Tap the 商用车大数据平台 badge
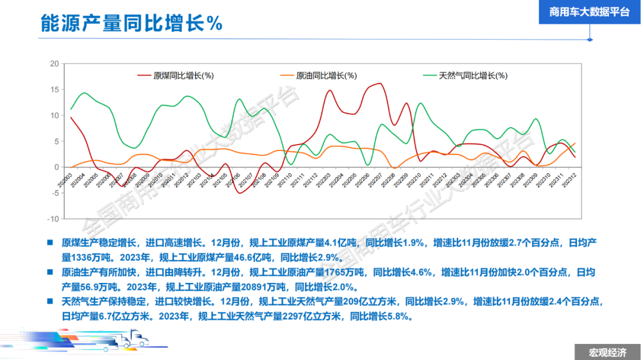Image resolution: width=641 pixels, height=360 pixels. click(589, 12)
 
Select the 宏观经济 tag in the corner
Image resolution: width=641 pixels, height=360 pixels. click(607, 352)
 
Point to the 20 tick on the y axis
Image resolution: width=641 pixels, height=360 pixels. click(54, 63)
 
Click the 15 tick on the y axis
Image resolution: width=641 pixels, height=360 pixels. click(54, 90)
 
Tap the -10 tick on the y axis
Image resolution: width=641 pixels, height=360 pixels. click(53, 219)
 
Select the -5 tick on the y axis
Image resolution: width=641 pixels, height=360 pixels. click(54, 193)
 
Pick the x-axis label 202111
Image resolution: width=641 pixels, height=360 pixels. click(299, 179)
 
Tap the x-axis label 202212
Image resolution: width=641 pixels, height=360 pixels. click(441, 179)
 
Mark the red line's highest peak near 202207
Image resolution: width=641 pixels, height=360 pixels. click(380, 84)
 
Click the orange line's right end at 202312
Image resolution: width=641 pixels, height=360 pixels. click(575, 144)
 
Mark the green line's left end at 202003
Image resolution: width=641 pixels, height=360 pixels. click(71, 109)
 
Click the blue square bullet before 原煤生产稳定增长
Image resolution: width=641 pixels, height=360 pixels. click(50, 243)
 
